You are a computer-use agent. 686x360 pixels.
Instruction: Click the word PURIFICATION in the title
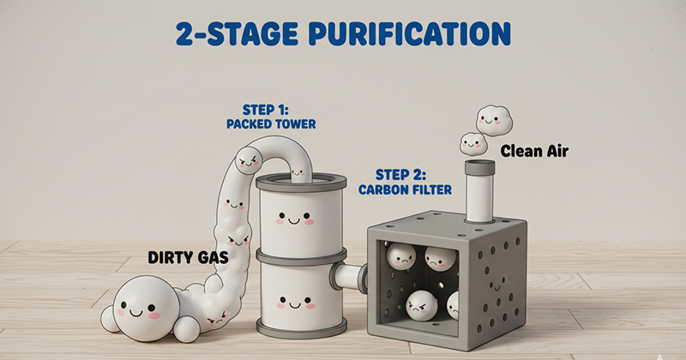[x=410, y=33]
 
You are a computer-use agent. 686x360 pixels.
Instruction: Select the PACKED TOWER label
[x=271, y=124]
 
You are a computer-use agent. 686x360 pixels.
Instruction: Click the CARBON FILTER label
[x=405, y=189]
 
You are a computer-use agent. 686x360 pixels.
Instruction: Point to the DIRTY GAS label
[x=188, y=258]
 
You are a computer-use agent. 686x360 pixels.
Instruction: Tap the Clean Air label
[x=534, y=152]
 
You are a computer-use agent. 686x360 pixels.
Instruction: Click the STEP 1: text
[x=266, y=110]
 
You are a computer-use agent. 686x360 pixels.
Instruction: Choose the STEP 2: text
[x=400, y=175]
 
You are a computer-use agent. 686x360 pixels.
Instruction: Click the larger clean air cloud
[x=494, y=120]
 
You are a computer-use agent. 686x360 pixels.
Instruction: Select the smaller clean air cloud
[x=473, y=144]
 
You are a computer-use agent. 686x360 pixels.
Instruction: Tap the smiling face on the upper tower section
[x=294, y=218]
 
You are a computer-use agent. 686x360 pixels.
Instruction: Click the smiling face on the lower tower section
[x=295, y=303]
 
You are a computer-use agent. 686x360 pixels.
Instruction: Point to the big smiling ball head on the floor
[x=146, y=308]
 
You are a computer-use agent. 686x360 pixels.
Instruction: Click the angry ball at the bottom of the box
[x=422, y=306]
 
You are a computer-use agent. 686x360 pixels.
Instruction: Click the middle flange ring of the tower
[x=301, y=256]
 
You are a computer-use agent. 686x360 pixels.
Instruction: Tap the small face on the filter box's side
[x=496, y=285]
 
